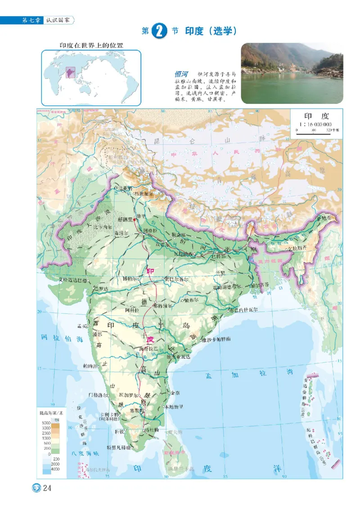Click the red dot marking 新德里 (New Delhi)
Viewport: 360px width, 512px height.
134,219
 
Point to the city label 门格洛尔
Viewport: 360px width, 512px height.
98,395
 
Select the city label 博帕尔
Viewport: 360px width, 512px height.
131,278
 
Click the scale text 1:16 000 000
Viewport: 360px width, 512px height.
315,124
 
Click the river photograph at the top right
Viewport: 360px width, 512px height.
292,73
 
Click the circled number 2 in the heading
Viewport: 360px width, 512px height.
160,31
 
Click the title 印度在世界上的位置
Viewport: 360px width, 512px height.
92,45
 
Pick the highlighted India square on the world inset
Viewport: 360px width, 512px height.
70,72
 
